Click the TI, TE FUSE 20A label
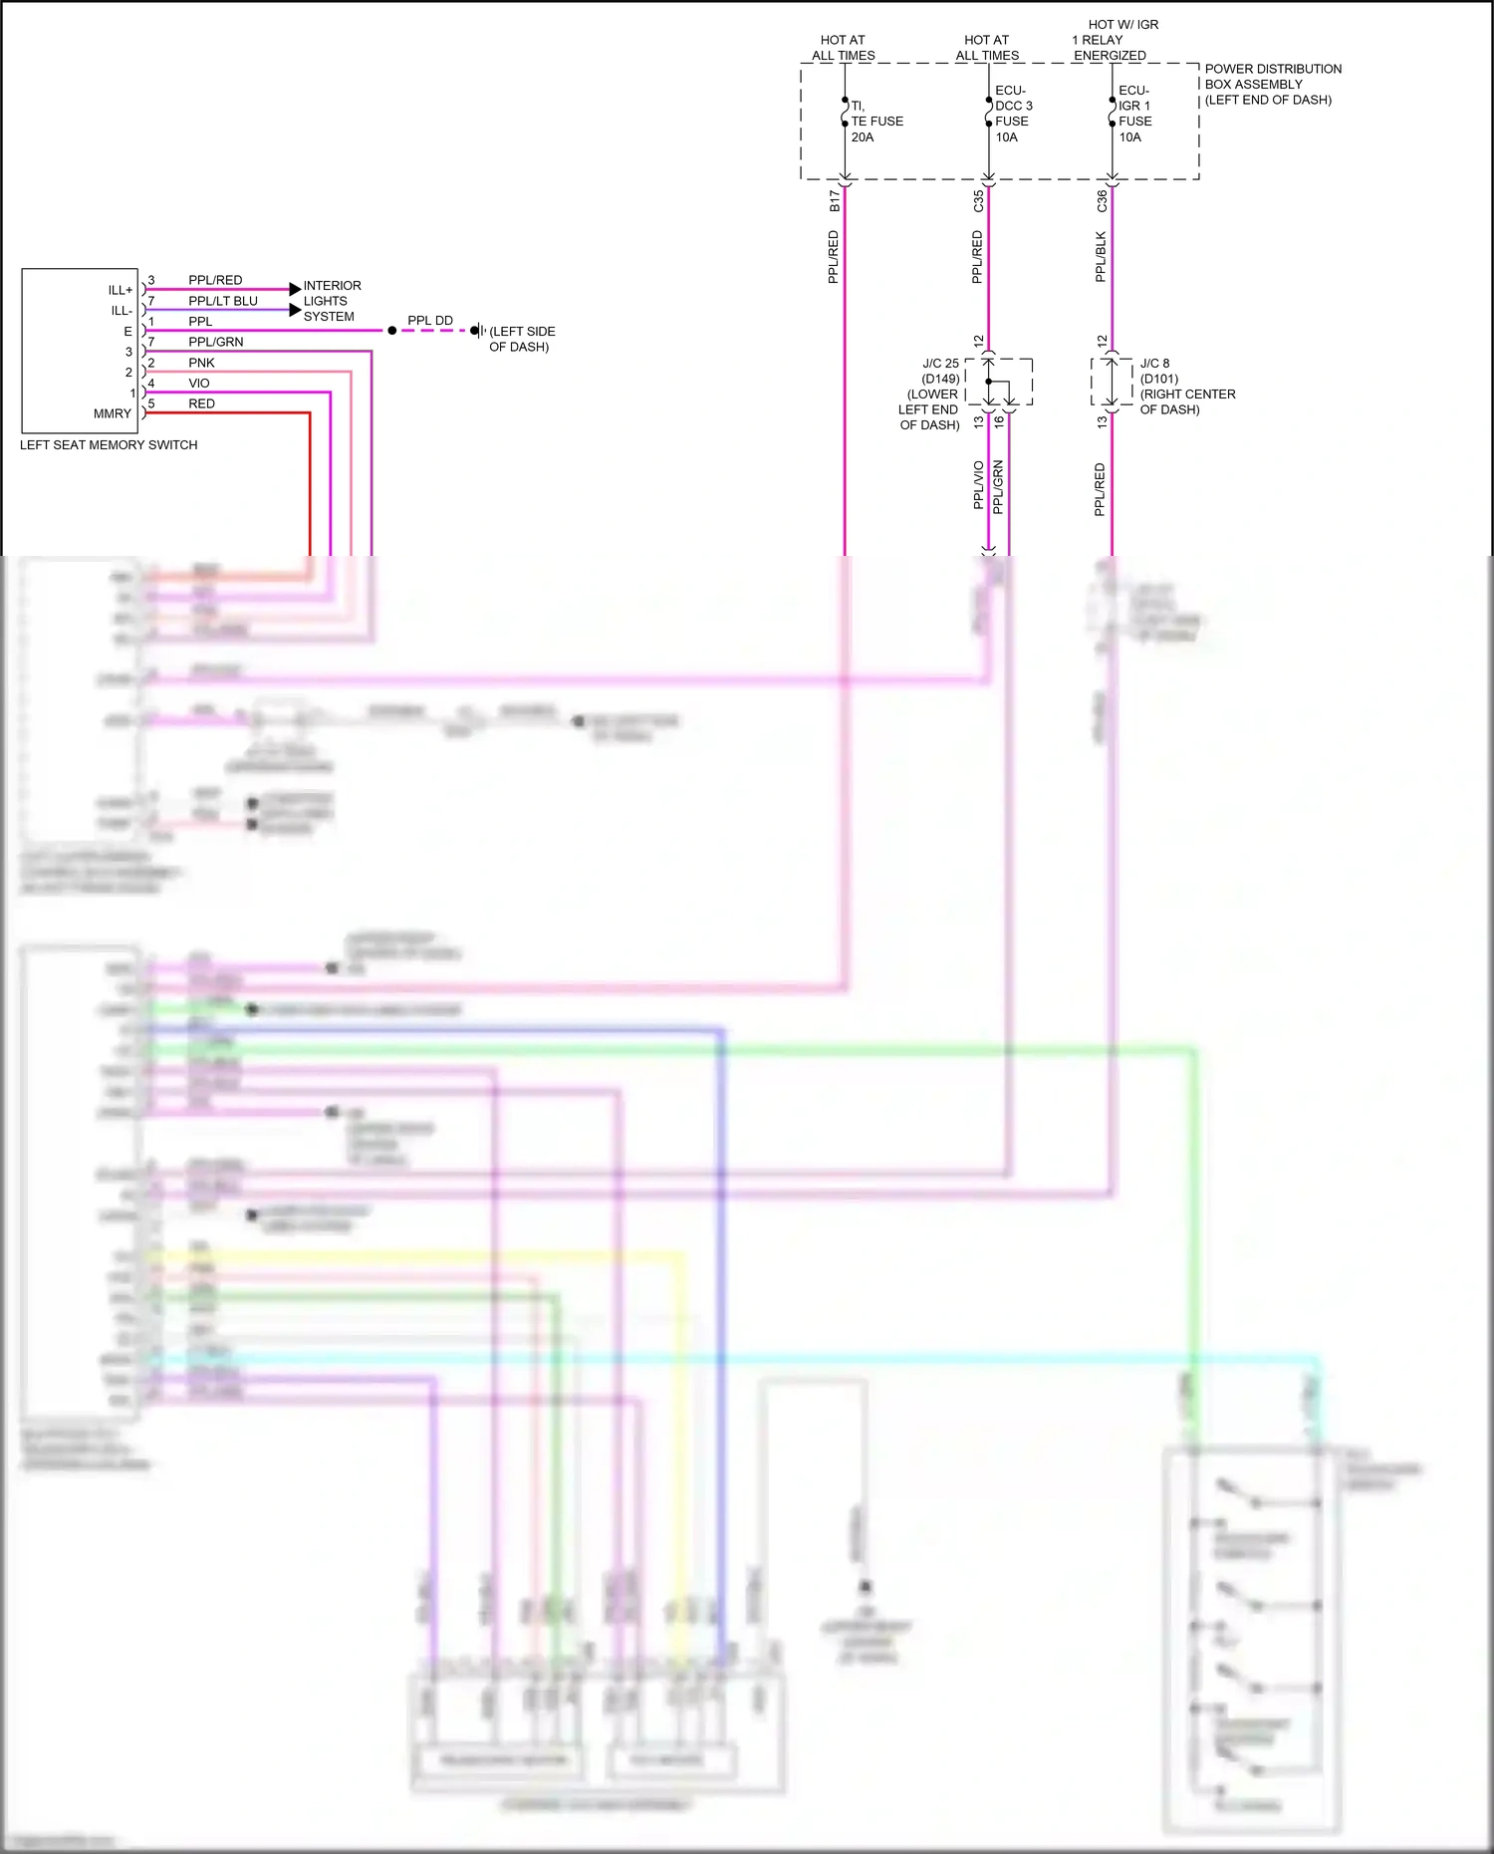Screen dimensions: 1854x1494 pos(875,122)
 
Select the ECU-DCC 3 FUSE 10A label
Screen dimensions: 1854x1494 pos(1013,114)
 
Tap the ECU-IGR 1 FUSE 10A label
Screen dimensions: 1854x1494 pos(1134,114)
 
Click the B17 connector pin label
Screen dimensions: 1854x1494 pos(835,201)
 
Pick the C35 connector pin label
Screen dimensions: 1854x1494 pos(978,201)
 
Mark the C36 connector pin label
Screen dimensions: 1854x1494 pos(1102,201)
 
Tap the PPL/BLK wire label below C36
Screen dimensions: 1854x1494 pos(1101,257)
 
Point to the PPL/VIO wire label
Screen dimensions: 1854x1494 pos(978,485)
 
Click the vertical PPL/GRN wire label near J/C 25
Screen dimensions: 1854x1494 pos(998,486)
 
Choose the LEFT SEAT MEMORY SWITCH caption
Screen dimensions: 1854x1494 pos(109,445)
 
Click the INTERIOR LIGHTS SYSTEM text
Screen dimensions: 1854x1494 pos(332,301)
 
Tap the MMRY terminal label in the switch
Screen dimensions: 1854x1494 pos(113,413)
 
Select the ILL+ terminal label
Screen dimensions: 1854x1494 pos(121,290)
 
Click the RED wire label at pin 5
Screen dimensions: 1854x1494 pos(201,403)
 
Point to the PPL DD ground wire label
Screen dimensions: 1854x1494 pos(430,321)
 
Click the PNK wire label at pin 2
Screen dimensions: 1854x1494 pos(201,363)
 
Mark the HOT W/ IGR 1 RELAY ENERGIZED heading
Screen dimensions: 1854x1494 pos(1116,40)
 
